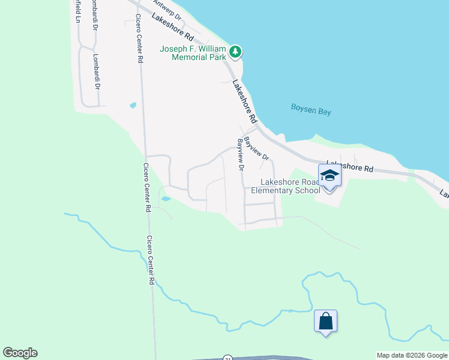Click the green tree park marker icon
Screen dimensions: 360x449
236,52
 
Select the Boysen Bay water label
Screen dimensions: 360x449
311,109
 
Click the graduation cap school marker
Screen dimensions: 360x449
330,176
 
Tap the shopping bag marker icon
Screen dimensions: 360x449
325,321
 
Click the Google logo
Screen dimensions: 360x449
20,353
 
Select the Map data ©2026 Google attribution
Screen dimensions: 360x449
412,355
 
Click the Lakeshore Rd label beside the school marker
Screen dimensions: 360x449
349,167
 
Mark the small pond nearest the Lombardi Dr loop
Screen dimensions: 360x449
133,106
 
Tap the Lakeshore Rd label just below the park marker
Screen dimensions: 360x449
244,100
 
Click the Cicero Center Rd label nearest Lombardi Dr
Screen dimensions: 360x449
139,38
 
